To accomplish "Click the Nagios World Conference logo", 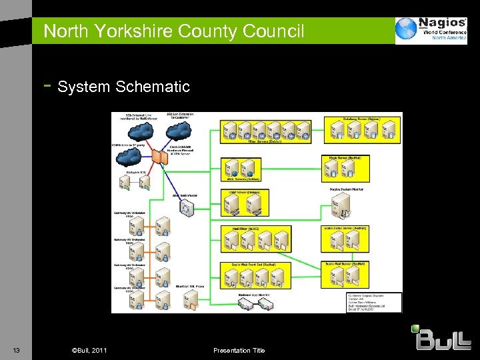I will [x=431, y=30].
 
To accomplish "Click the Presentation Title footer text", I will [x=239, y=351].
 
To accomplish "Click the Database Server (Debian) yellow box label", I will [x=362, y=119].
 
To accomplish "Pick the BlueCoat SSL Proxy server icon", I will [x=189, y=300].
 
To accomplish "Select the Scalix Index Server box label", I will [x=345, y=228].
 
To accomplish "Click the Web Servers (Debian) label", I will [x=243, y=179].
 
